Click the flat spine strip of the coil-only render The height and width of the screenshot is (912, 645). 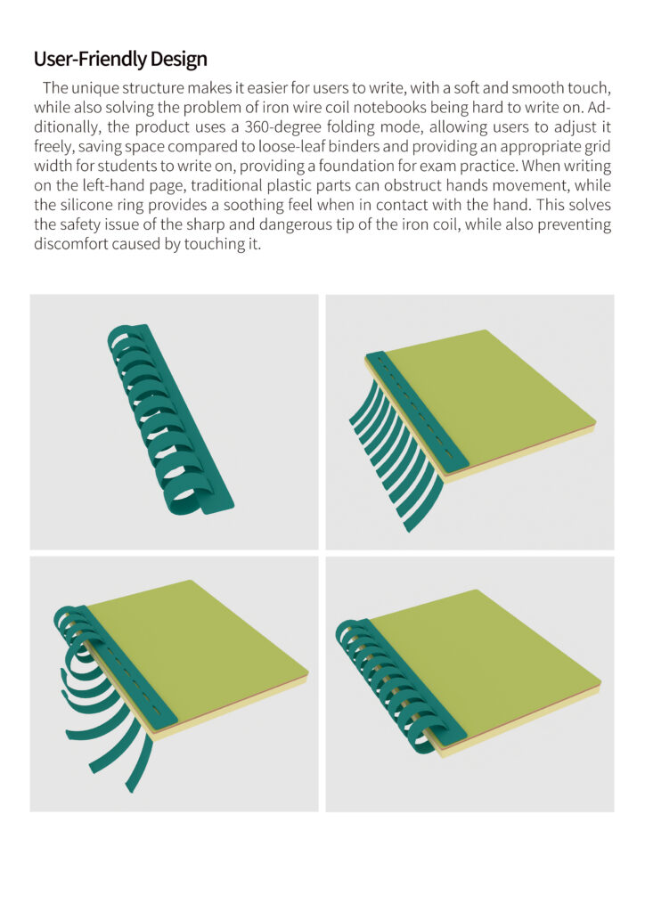coord(192,419)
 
